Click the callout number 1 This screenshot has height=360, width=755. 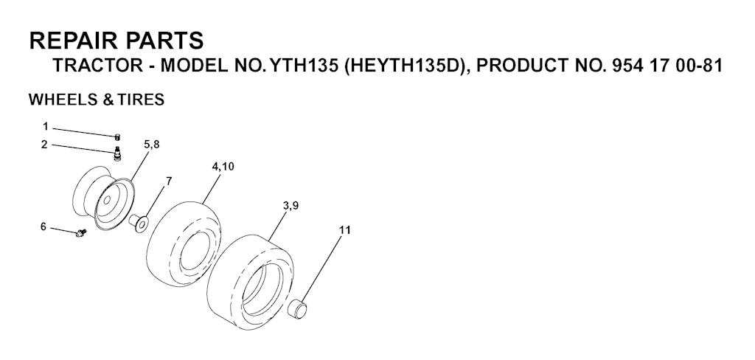[45, 127]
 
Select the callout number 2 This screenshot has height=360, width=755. [44, 145]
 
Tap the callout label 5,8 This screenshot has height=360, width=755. [151, 145]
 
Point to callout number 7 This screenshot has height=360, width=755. [169, 181]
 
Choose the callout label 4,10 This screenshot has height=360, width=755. [223, 167]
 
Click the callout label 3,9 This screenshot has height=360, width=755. [290, 206]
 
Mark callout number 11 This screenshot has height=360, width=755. [345, 230]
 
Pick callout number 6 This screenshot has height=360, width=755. [44, 226]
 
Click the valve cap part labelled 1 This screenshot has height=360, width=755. [117, 138]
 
